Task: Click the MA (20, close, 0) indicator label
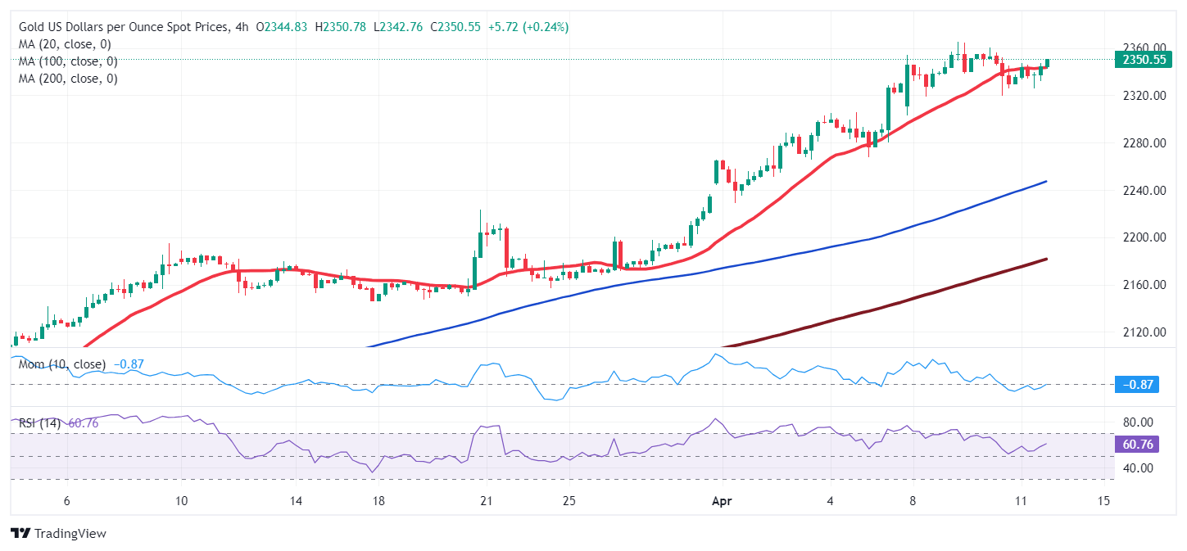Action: [x=65, y=44]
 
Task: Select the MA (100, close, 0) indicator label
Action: [x=68, y=61]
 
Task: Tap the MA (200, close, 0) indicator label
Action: [x=68, y=79]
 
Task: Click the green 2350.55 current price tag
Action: [x=1145, y=60]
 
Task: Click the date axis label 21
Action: [x=486, y=501]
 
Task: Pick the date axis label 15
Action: [x=1103, y=501]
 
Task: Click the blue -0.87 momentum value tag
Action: [x=1137, y=385]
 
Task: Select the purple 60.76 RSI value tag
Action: [x=1137, y=445]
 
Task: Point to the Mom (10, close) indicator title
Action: [x=62, y=364]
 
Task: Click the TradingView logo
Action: [x=59, y=533]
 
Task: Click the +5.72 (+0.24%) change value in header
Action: [x=528, y=27]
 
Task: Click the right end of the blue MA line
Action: [x=1046, y=181]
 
